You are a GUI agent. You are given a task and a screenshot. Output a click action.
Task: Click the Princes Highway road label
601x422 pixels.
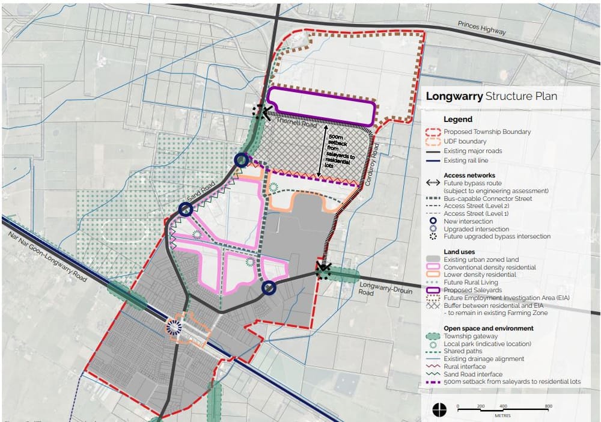coord(481,28)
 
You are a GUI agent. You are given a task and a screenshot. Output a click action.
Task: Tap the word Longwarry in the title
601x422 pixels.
coord(453,96)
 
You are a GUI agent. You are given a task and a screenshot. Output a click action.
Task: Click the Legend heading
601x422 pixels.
coord(458,119)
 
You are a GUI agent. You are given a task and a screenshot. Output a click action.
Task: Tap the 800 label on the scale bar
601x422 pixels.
coord(548,406)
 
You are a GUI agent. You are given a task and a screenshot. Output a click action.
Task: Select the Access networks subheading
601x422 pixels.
coord(469,175)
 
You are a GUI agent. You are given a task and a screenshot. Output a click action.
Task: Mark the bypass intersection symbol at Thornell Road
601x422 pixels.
coord(260,112)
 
